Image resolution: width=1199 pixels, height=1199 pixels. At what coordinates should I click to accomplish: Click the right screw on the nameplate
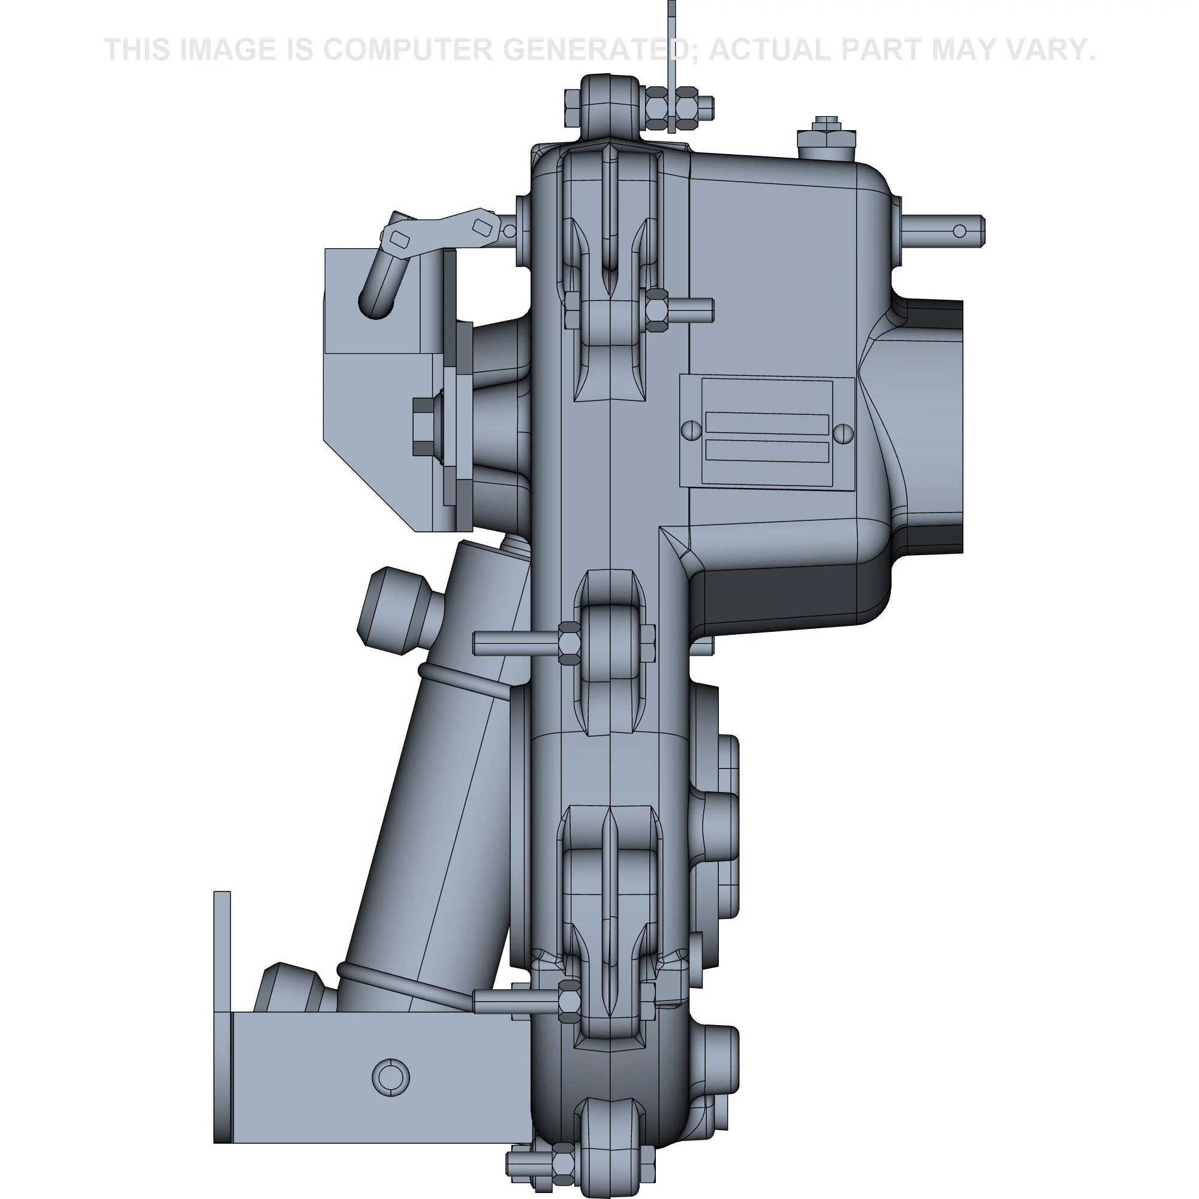(x=842, y=433)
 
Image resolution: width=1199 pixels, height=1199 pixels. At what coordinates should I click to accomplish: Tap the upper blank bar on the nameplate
(x=767, y=424)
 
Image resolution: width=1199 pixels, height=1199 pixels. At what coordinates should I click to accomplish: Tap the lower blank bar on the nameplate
(x=767, y=451)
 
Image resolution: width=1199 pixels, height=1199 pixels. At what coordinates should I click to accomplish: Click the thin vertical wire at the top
(x=671, y=62)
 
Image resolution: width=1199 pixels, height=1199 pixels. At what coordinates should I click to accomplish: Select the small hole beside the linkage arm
(x=509, y=231)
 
